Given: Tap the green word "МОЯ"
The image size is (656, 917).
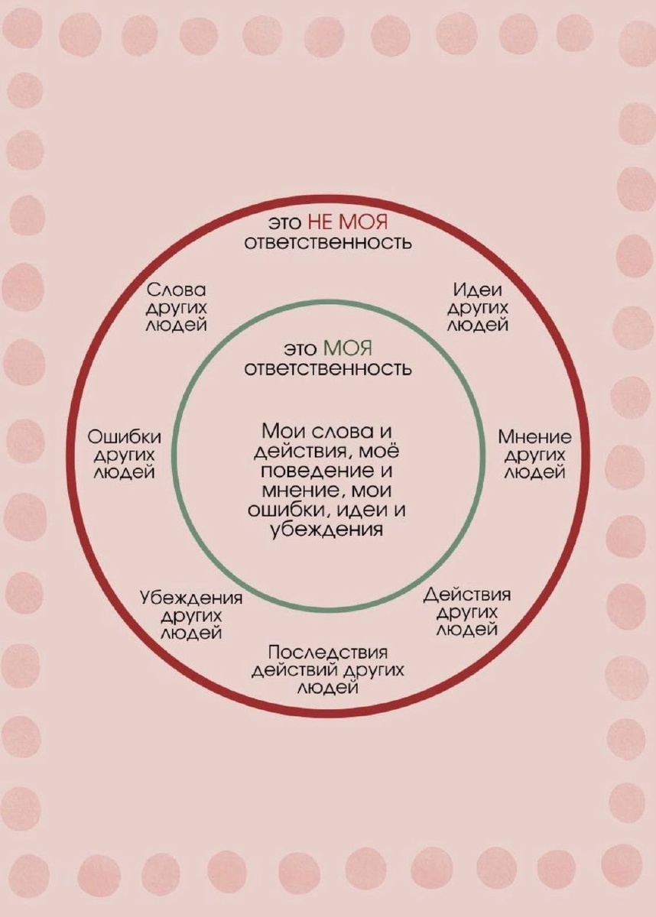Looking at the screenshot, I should pyautogui.click(x=348, y=349).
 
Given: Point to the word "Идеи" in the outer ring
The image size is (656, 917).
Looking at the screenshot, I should pyautogui.click(x=478, y=291).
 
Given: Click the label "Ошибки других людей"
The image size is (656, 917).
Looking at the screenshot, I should pyautogui.click(x=125, y=455).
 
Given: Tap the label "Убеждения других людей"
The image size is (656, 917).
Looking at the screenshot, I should pyautogui.click(x=191, y=615).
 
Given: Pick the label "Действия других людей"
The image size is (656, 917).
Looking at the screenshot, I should pyautogui.click(x=467, y=612).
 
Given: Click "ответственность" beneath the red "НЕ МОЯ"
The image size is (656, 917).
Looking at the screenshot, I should pyautogui.click(x=328, y=243).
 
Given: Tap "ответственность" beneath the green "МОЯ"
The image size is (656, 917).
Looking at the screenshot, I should pyautogui.click(x=328, y=369).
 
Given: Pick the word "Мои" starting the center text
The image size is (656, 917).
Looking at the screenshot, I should pyautogui.click(x=279, y=430).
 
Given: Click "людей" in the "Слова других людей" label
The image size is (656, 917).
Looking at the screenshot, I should pyautogui.click(x=177, y=325).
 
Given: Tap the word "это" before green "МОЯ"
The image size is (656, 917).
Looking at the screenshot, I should pyautogui.click(x=301, y=349).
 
